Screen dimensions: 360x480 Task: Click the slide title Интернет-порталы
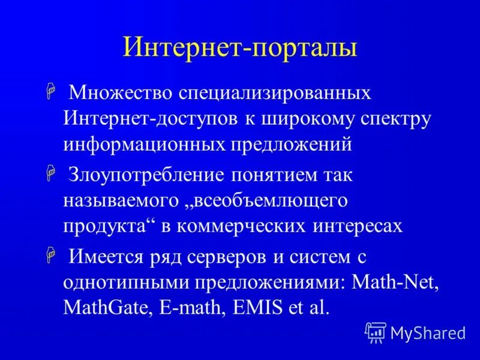point(240,47)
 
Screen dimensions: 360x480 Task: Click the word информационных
point(144,145)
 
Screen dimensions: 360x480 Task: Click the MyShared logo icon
point(376,332)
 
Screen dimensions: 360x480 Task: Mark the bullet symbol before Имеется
point(51,257)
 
